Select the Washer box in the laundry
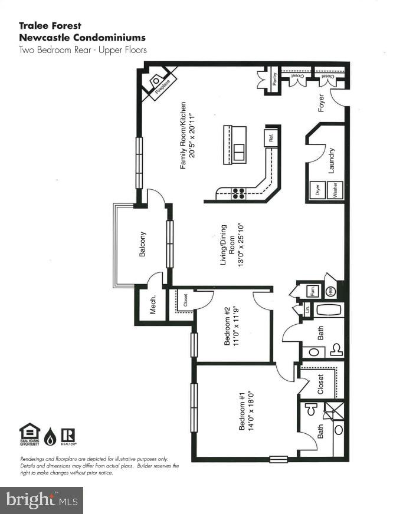point(335,190)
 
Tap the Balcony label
point(142,243)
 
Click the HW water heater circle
point(331,291)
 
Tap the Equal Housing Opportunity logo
point(30,435)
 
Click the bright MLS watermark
point(41,500)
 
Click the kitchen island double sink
point(239,153)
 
